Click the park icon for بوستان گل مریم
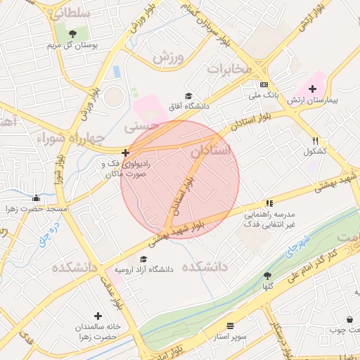[73, 33]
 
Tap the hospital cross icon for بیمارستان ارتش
[312, 89]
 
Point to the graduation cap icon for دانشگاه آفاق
[188, 96]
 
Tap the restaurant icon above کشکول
[316, 140]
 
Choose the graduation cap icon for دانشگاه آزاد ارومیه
[143, 259]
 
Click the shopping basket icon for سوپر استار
[231, 326]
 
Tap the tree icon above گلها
[266, 276]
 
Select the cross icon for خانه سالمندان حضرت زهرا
[98, 316]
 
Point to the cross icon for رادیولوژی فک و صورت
[125, 152]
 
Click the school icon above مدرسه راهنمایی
[269, 202]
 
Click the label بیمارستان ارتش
[312, 100]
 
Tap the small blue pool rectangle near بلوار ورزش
[116, 72]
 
